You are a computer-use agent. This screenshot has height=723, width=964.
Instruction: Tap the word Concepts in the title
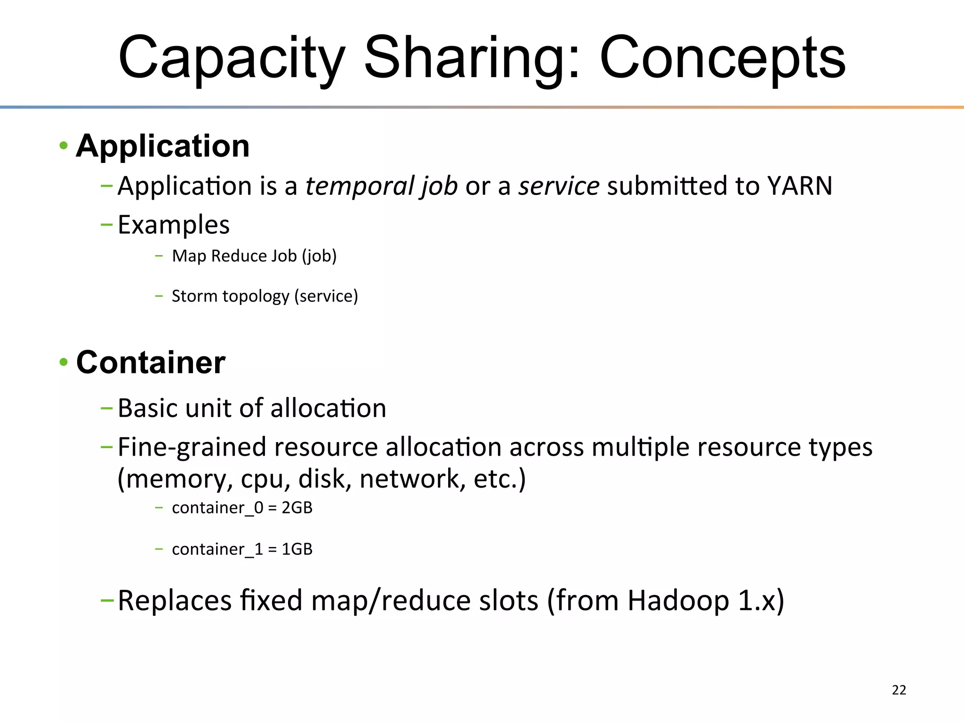click(723, 59)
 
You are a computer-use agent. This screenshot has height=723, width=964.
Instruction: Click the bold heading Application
click(162, 146)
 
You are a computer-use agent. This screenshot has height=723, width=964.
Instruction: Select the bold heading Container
click(151, 362)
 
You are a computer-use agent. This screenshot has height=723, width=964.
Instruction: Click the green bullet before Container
click(64, 362)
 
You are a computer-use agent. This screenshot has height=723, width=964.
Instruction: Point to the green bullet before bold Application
click(64, 146)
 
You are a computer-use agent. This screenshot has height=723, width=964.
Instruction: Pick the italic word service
click(559, 186)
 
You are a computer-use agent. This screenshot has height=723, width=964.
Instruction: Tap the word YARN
click(800, 186)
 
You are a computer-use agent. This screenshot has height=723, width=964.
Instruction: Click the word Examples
click(174, 225)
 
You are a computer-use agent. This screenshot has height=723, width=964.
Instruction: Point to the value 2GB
click(297, 508)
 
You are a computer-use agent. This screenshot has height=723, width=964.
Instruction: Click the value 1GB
click(297, 549)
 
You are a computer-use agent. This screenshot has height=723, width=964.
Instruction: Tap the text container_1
click(217, 549)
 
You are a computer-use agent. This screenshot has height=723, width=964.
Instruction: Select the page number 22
click(899, 690)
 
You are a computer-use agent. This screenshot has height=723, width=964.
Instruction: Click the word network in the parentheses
click(409, 479)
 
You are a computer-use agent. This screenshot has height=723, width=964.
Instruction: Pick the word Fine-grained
click(192, 447)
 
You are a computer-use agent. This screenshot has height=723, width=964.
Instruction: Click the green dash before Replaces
click(107, 600)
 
